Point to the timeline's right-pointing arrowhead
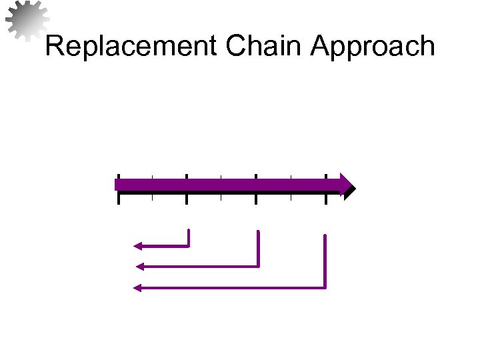pyautogui.click(x=347, y=185)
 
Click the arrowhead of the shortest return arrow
pyautogui.click(x=137, y=246)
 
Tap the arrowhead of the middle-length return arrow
pyautogui.click(x=140, y=267)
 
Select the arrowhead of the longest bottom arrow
pyautogui.click(x=138, y=288)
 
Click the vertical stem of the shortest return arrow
pyautogui.click(x=189, y=237)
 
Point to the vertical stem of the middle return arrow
pyautogui.click(x=258, y=248)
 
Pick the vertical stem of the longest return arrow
pyautogui.click(x=325, y=260)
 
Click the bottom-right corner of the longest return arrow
pyautogui.click(x=325, y=287)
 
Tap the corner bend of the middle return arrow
pyautogui.click(x=258, y=266)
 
